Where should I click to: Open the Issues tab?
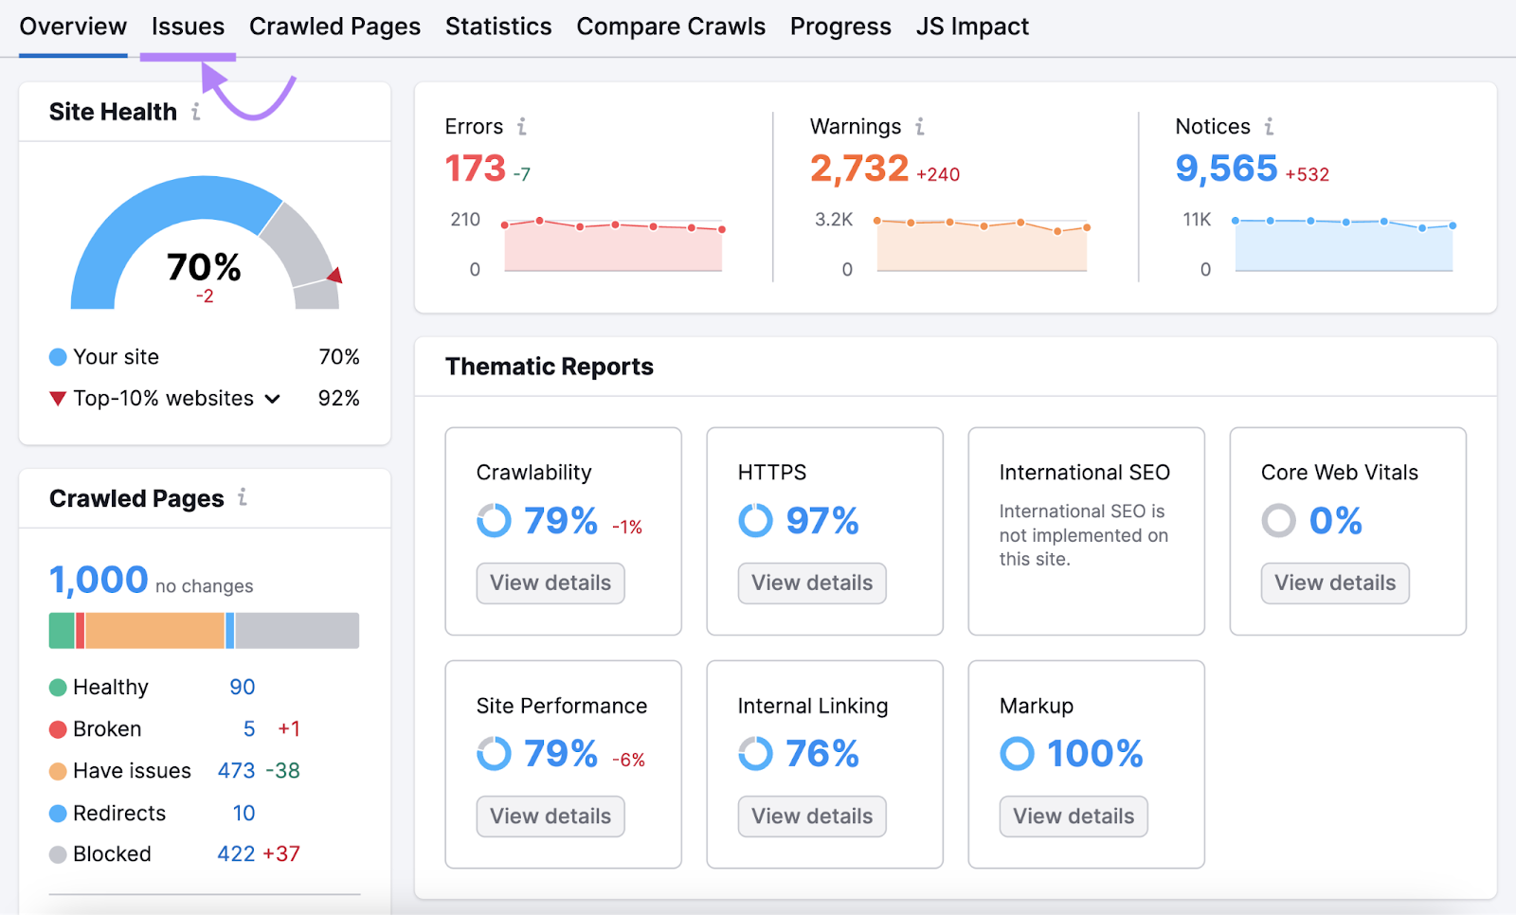(x=188, y=27)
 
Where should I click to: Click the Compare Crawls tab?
(x=670, y=27)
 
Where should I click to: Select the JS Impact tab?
(x=971, y=27)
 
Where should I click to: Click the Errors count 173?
(x=476, y=169)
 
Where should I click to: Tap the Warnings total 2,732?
(x=858, y=169)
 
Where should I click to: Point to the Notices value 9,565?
(x=1226, y=169)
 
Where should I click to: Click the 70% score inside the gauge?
(x=204, y=267)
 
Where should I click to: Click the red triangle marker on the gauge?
(x=334, y=276)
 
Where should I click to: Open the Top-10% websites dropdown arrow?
(x=273, y=399)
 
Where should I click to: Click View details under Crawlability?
(x=550, y=583)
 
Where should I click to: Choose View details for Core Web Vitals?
(x=1334, y=583)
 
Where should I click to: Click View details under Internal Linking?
(x=812, y=816)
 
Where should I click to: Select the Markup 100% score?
(x=1094, y=754)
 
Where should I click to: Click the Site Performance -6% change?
(x=628, y=760)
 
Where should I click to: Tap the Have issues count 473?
(x=236, y=771)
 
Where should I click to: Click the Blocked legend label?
(x=112, y=854)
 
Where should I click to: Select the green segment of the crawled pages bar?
(x=62, y=631)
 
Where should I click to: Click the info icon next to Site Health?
(x=196, y=112)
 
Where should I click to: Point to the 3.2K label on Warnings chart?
(x=834, y=220)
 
